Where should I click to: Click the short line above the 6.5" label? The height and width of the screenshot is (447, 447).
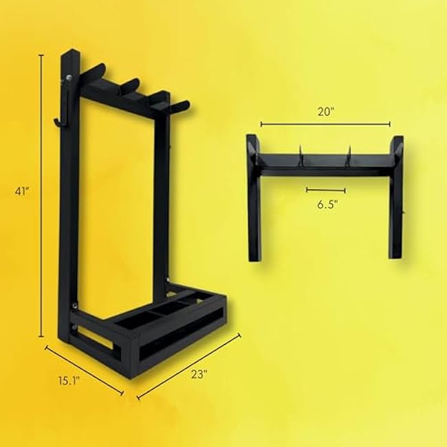coord(326,189)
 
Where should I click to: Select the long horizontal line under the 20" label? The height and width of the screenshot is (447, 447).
coord(325,124)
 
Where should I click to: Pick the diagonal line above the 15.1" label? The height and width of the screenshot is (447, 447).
coord(84,370)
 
